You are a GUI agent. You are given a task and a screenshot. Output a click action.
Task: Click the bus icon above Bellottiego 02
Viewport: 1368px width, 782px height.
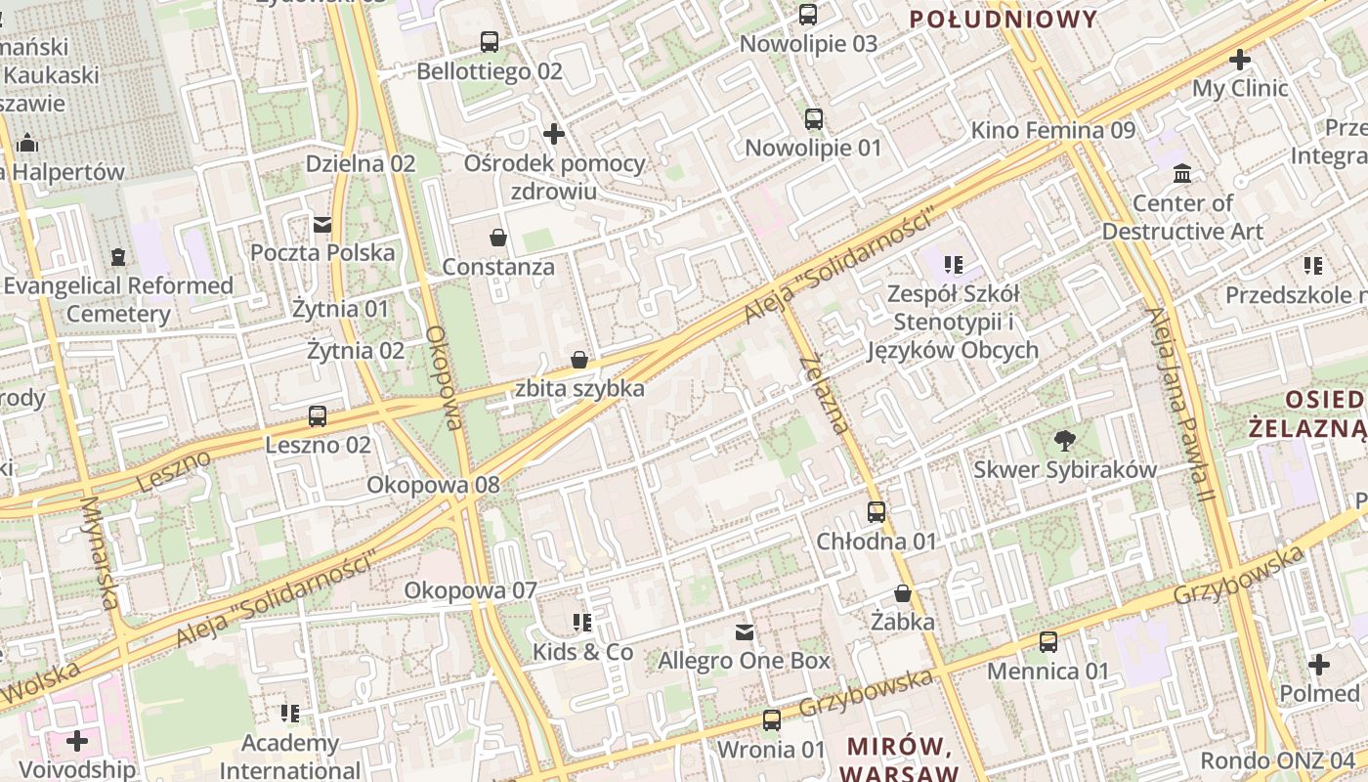click(490, 42)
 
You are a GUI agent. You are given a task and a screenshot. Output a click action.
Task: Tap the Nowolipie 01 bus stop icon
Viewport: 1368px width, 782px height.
click(814, 119)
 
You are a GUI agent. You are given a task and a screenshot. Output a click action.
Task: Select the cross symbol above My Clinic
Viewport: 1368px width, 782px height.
click(1240, 60)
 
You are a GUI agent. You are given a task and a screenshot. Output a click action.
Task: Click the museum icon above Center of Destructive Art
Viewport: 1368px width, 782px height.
click(1182, 174)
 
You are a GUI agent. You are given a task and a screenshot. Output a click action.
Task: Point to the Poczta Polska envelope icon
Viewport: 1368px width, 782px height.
click(322, 225)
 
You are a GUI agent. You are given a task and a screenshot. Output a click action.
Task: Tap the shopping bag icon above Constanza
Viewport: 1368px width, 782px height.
click(498, 238)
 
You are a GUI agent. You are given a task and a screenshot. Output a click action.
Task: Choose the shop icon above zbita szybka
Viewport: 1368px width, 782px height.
click(579, 360)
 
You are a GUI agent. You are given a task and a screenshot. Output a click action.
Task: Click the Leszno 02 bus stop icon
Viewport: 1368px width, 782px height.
click(318, 416)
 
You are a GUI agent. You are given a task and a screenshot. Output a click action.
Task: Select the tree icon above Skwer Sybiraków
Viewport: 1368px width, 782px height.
click(1065, 441)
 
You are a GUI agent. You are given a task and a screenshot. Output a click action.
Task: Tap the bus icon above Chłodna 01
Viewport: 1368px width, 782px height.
click(876, 512)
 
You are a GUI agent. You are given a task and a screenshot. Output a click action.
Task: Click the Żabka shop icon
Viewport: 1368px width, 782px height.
click(903, 593)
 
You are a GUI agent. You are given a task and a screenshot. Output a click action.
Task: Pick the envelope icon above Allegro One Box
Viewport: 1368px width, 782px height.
click(745, 632)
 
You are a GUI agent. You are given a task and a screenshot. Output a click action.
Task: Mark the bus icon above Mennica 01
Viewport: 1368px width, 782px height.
click(1048, 642)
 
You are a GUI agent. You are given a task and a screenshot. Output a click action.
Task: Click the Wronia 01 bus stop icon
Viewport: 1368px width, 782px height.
click(772, 720)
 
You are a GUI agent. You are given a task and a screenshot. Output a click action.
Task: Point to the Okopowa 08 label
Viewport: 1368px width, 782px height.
click(433, 485)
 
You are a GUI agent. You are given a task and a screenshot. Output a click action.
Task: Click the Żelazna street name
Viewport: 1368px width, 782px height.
click(824, 394)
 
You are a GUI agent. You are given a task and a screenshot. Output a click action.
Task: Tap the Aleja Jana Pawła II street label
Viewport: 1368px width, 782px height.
click(1181, 406)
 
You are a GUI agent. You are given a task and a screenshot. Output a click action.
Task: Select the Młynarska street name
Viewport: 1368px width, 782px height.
click(102, 553)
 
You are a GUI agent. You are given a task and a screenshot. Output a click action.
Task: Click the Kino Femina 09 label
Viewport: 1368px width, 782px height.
click(1053, 130)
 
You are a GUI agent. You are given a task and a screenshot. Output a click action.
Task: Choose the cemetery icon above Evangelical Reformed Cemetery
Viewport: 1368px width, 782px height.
click(118, 257)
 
